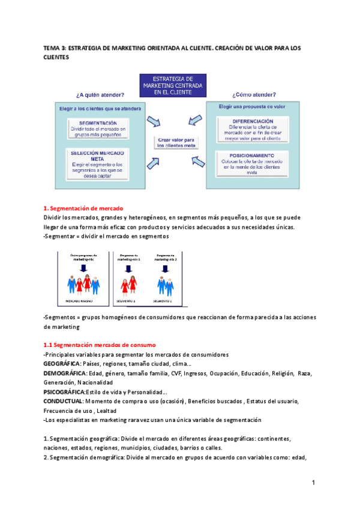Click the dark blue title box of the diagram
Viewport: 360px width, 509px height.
[x=172, y=85]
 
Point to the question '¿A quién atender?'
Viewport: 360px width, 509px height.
[x=100, y=95]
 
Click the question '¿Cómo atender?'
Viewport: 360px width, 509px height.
[x=254, y=95]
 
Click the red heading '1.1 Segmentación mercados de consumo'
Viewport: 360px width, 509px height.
[x=100, y=345]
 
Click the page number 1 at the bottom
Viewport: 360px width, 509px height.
[x=313, y=483]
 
